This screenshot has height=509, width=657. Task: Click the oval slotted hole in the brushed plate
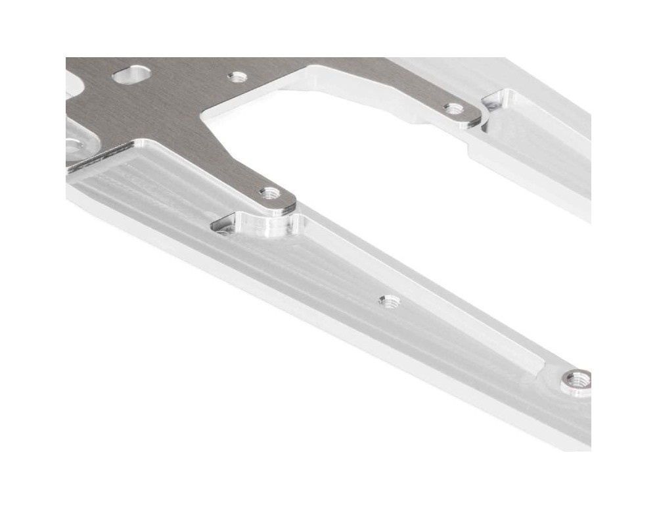(x=131, y=75)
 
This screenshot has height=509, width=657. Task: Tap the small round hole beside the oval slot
(x=237, y=77)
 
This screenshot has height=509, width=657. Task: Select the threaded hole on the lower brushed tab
(x=270, y=193)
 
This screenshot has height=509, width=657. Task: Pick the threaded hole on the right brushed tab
(x=453, y=109)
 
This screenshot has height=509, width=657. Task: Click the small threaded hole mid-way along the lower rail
(x=390, y=301)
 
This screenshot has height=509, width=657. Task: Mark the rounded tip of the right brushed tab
(x=474, y=118)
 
